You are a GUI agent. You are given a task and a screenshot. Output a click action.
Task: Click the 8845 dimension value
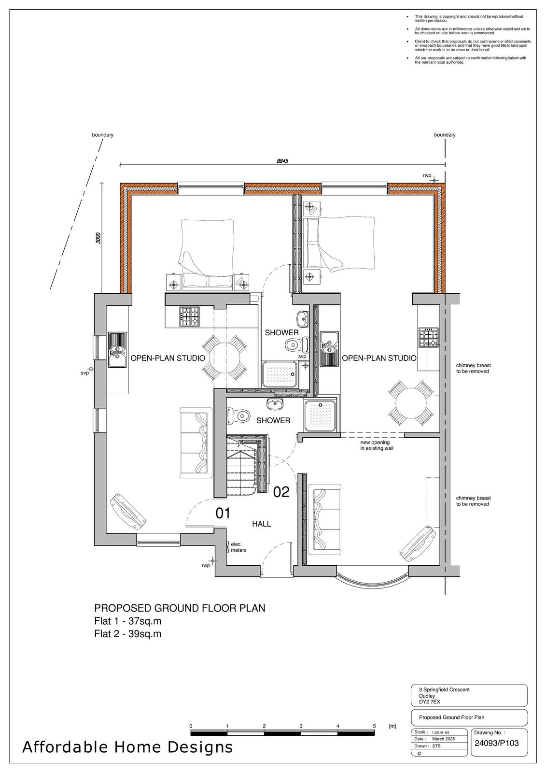click(x=282, y=161)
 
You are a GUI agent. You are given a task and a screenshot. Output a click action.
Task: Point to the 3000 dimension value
click(x=98, y=239)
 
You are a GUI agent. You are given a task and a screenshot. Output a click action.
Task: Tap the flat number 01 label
click(x=223, y=514)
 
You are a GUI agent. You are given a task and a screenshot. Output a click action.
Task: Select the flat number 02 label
click(x=281, y=492)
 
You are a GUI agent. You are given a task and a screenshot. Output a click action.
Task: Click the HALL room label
click(x=262, y=524)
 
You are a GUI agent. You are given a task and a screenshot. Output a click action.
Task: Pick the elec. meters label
click(x=238, y=547)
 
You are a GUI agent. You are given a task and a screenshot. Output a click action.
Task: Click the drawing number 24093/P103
click(x=496, y=744)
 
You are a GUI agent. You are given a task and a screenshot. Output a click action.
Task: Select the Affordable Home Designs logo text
click(x=127, y=747)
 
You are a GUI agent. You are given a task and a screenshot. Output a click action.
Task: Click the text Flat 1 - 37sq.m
click(x=128, y=621)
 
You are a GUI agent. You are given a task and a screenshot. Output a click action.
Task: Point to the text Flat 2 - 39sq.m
click(x=128, y=634)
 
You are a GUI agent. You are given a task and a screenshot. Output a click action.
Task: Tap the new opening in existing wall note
click(x=377, y=445)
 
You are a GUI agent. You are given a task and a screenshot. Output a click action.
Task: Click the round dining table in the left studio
click(x=225, y=358)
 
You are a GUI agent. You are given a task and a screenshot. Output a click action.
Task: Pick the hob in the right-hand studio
click(x=429, y=338)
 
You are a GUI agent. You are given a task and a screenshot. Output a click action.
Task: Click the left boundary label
click(x=103, y=135)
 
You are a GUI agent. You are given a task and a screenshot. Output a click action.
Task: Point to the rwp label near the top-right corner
click(x=427, y=176)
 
